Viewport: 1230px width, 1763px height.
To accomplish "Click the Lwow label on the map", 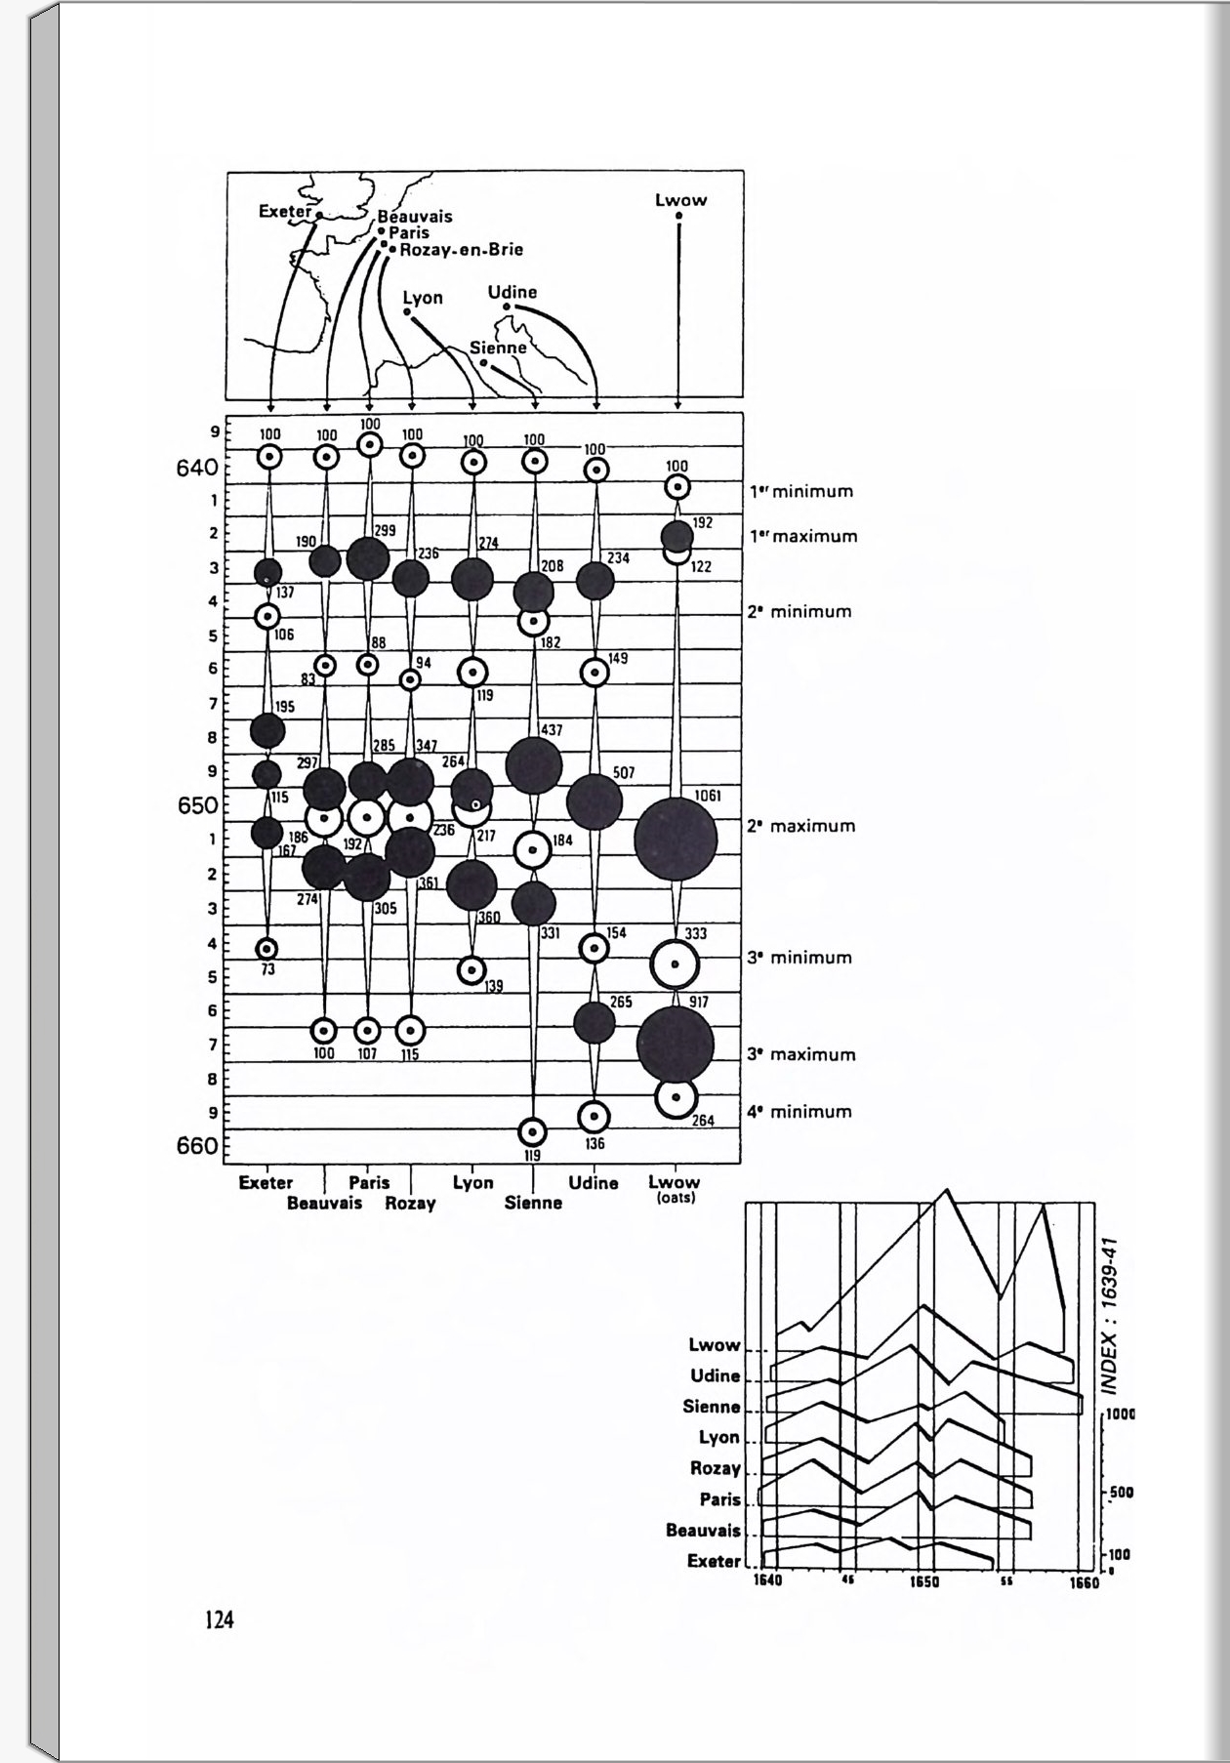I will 680,200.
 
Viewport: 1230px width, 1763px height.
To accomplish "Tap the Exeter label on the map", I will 284,211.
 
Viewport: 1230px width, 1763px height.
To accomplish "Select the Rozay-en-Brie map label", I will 461,250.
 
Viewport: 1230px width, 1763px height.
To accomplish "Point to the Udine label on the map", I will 512,292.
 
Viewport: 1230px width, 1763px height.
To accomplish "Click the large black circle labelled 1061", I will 675,839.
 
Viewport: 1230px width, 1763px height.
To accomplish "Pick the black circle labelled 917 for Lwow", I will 675,1044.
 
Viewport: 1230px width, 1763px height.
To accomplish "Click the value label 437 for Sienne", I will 551,730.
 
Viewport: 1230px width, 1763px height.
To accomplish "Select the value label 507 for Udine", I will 623,773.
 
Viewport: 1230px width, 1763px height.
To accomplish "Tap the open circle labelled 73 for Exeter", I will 266,948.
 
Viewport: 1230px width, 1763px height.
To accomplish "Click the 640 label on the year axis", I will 197,469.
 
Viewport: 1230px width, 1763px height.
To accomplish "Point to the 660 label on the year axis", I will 197,1145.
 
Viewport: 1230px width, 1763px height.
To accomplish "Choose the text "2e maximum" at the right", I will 800,826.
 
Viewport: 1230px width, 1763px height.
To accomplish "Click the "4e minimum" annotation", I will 799,1112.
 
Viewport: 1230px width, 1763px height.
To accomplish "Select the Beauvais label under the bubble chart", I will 324,1204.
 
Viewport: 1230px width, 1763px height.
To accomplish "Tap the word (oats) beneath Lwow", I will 675,1198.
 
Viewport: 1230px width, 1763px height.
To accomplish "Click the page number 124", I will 220,1620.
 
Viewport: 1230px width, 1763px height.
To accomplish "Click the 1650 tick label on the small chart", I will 923,1582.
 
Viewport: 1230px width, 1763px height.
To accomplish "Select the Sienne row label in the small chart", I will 712,1407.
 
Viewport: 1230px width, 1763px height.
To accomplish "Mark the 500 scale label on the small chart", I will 1120,1493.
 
